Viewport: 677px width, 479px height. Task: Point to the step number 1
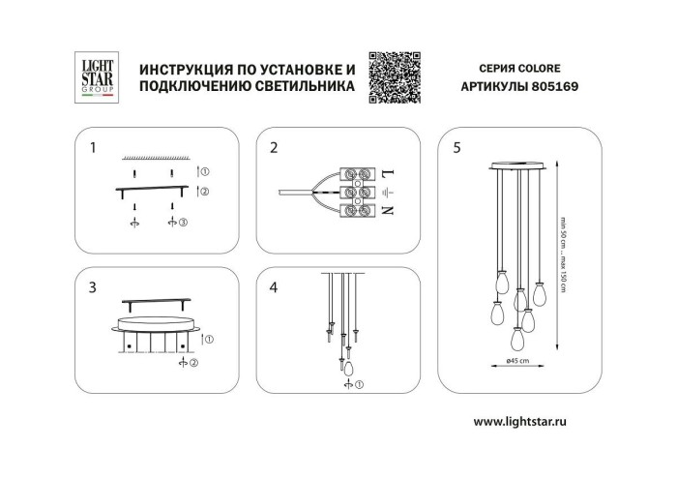pyautogui.click(x=93, y=148)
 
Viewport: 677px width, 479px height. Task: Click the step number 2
pyautogui.click(x=274, y=148)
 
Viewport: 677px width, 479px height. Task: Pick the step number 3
pyautogui.click(x=93, y=286)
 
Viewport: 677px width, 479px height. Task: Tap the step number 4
pyautogui.click(x=274, y=286)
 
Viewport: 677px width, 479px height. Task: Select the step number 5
pyautogui.click(x=456, y=148)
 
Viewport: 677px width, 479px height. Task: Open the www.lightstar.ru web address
pyautogui.click(x=532, y=422)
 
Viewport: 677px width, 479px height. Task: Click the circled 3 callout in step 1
pyautogui.click(x=183, y=223)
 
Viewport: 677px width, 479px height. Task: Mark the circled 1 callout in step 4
pyautogui.click(x=360, y=386)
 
